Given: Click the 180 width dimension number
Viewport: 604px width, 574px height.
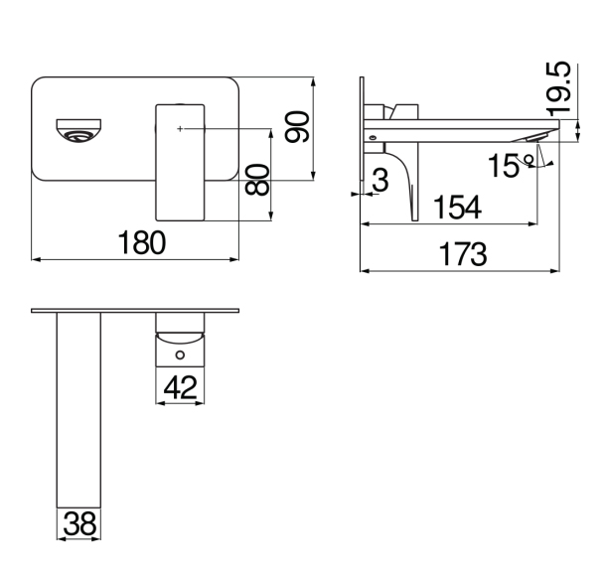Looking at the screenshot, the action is click(142, 242).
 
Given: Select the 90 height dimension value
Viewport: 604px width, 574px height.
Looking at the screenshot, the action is click(297, 126).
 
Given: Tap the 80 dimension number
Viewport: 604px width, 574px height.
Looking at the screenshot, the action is click(257, 180).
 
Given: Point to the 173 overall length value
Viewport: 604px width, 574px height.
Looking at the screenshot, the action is click(463, 254).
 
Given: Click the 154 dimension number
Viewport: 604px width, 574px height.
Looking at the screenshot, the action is click(457, 208).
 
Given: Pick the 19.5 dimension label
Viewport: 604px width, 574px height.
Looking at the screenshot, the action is click(558, 89).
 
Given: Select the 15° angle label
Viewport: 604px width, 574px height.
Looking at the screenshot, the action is click(510, 166).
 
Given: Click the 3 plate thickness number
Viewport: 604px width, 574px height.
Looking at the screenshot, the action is click(380, 180).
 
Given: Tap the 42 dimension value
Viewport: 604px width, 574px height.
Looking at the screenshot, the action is click(180, 387).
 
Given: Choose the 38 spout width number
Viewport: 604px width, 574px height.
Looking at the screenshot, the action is click(79, 523).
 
